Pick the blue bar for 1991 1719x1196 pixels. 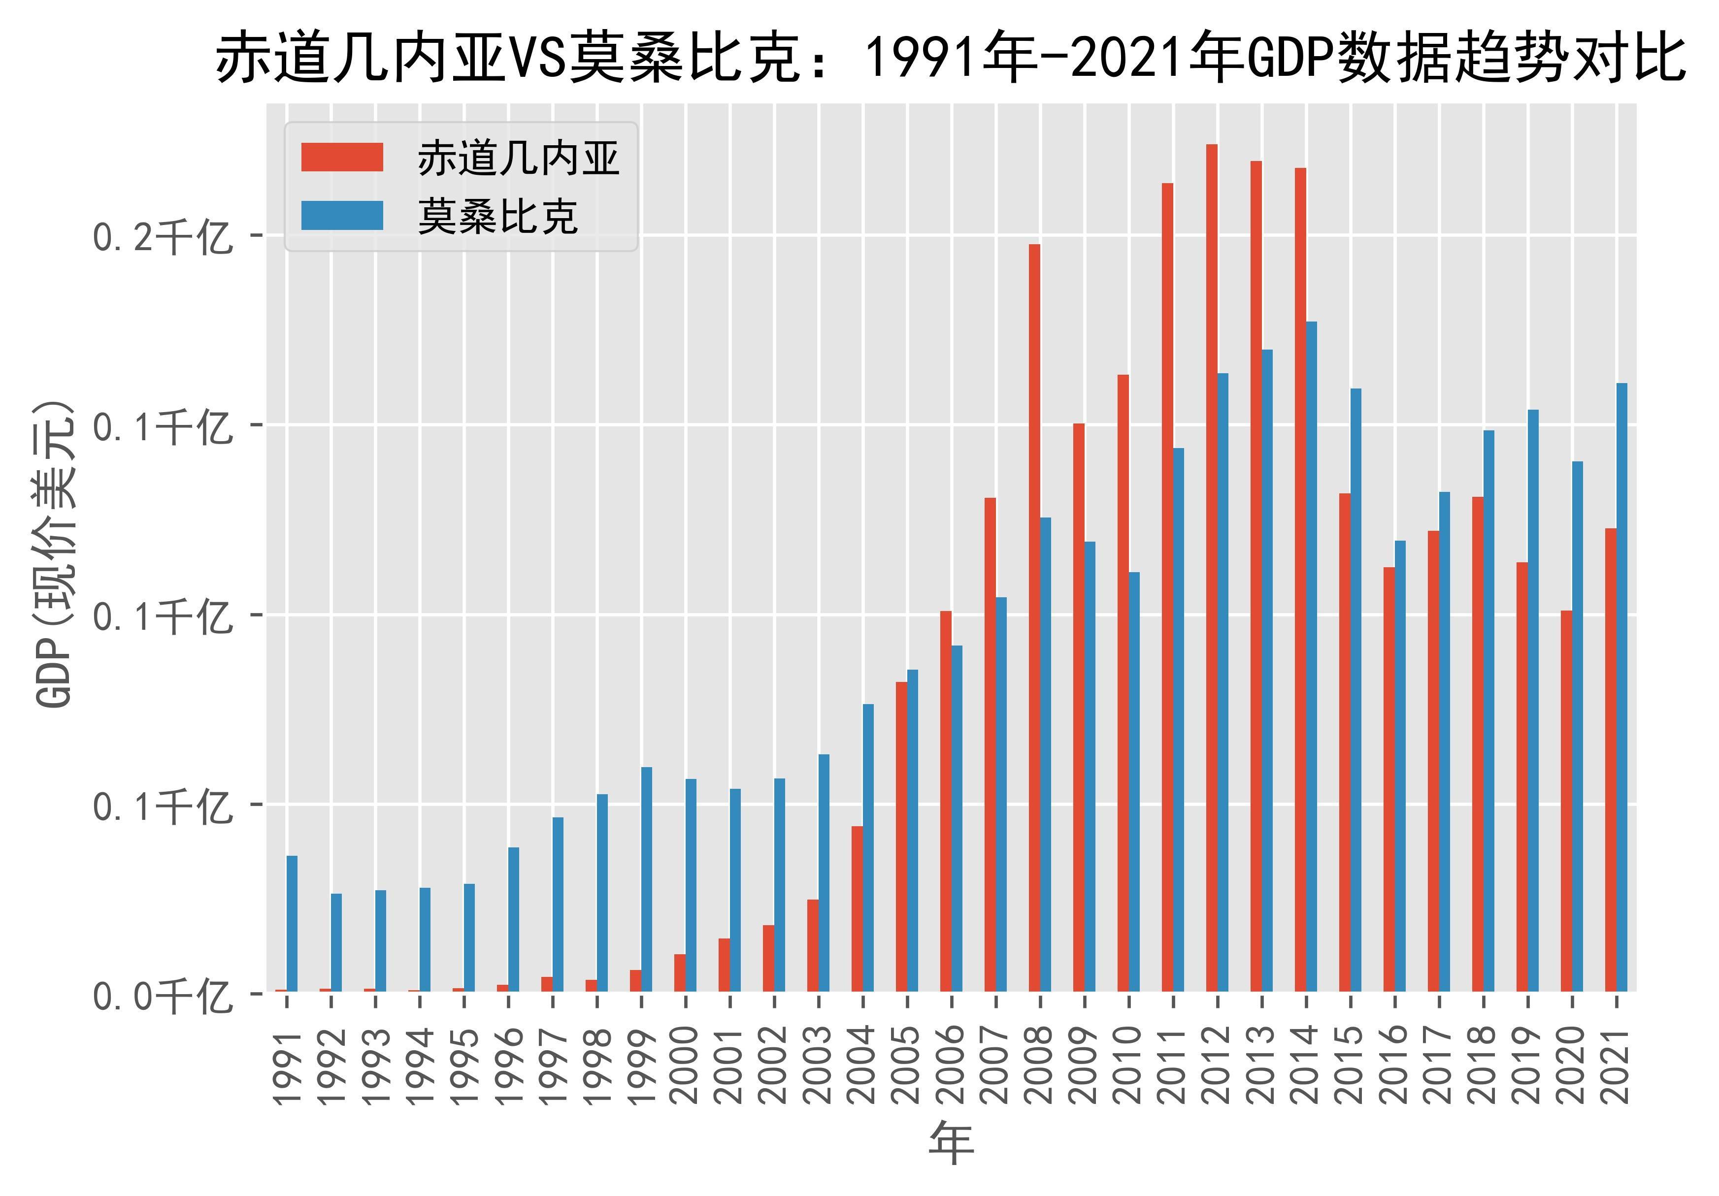292,924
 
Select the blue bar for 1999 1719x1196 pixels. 647,879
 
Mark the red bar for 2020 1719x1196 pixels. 1566,801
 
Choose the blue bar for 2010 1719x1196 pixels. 1133,781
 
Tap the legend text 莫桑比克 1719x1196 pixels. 498,217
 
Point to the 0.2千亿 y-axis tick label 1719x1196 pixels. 162,237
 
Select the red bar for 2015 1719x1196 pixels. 1345,743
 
